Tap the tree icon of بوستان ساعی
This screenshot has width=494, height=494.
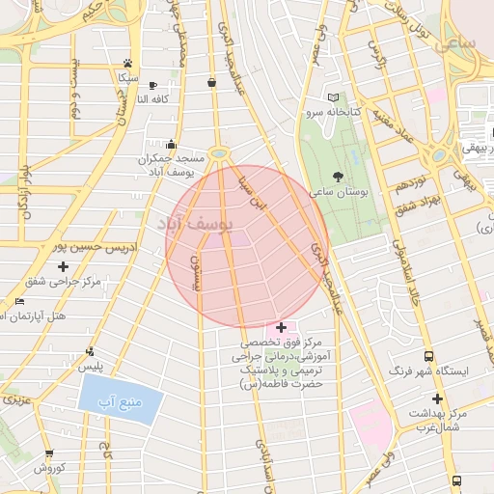coord(337,176)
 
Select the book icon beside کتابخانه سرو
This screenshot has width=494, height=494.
coord(334,97)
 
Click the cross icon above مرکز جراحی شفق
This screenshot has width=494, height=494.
coord(64,266)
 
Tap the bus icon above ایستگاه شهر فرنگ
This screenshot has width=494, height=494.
coord(428,355)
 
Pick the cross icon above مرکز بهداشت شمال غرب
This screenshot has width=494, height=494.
coord(437,398)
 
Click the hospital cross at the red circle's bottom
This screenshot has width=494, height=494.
coord(281,328)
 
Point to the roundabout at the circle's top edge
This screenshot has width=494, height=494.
coord(220,152)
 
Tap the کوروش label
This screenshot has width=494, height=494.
coord(48,468)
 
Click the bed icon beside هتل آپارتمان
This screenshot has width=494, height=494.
coord(20,302)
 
